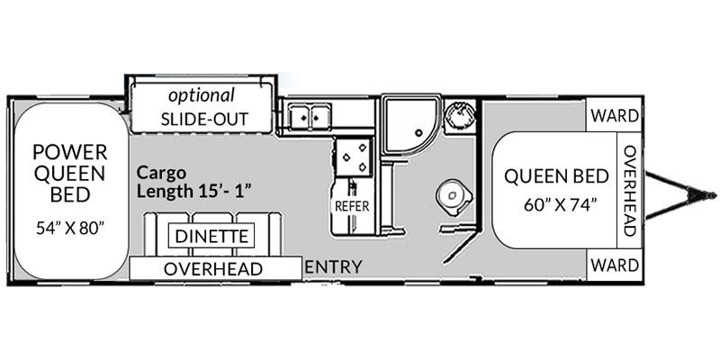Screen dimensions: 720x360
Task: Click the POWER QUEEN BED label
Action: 70,173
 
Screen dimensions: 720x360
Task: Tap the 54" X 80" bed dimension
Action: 71,229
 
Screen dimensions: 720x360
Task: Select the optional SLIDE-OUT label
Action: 204,107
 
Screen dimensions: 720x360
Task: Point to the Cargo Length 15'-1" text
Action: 194,183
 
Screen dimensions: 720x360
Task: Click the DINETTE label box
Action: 211,237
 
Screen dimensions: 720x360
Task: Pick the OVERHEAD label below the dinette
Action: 213,269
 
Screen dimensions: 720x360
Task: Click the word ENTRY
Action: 334,266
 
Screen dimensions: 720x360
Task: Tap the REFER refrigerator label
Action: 352,206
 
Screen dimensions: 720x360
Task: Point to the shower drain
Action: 418,133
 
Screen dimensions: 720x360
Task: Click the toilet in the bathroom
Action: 454,197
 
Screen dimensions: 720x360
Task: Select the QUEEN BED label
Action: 556,176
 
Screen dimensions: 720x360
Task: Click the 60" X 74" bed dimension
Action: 560,205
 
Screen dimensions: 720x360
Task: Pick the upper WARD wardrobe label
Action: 615,116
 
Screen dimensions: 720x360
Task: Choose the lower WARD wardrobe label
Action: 615,265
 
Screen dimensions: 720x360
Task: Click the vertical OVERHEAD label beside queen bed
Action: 629,191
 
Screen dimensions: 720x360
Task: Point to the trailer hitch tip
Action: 714,195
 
